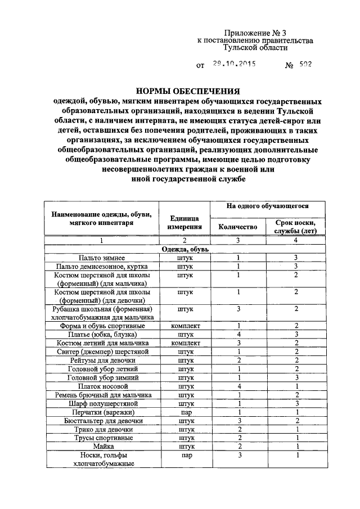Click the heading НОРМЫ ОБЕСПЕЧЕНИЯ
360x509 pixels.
click(188, 91)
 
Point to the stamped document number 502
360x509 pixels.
click(305, 65)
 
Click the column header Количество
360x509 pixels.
click(238, 227)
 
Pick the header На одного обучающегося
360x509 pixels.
click(267, 206)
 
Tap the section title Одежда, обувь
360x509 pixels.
click(184, 249)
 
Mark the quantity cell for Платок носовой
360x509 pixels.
click(238, 386)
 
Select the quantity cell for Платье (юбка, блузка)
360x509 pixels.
click(238, 334)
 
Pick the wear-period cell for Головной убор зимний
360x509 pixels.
click(295, 378)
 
